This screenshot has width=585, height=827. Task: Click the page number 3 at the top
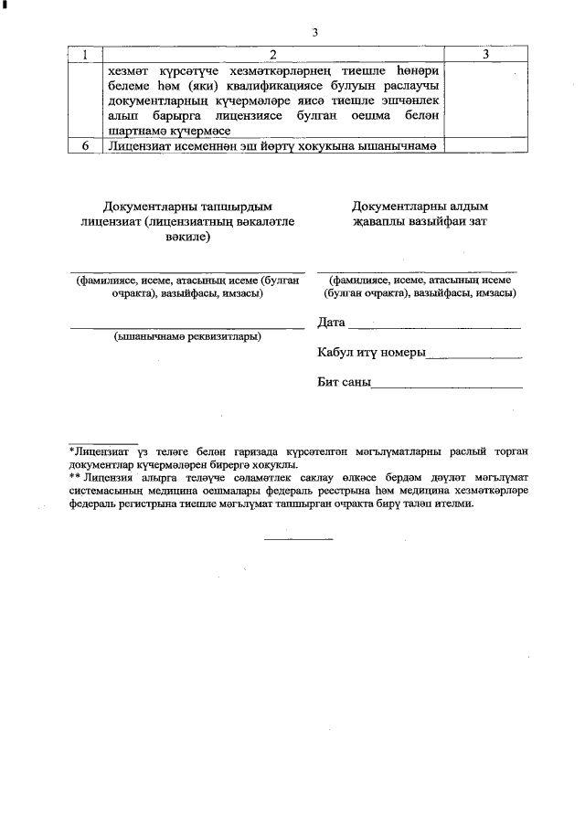pyautogui.click(x=314, y=33)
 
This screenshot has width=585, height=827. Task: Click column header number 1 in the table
pyautogui.click(x=85, y=55)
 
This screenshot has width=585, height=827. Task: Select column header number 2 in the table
pyautogui.click(x=272, y=55)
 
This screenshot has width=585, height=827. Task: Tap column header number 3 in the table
pyautogui.click(x=486, y=55)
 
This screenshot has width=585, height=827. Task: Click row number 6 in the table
pyautogui.click(x=85, y=145)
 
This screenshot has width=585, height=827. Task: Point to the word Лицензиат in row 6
pyautogui.click(x=137, y=145)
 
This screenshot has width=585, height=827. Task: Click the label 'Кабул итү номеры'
pyautogui.click(x=371, y=353)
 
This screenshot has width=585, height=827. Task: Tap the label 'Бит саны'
pyautogui.click(x=343, y=383)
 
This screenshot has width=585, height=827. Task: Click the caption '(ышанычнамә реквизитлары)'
pyautogui.click(x=187, y=336)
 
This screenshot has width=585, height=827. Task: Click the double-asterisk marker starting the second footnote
pyautogui.click(x=74, y=476)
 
